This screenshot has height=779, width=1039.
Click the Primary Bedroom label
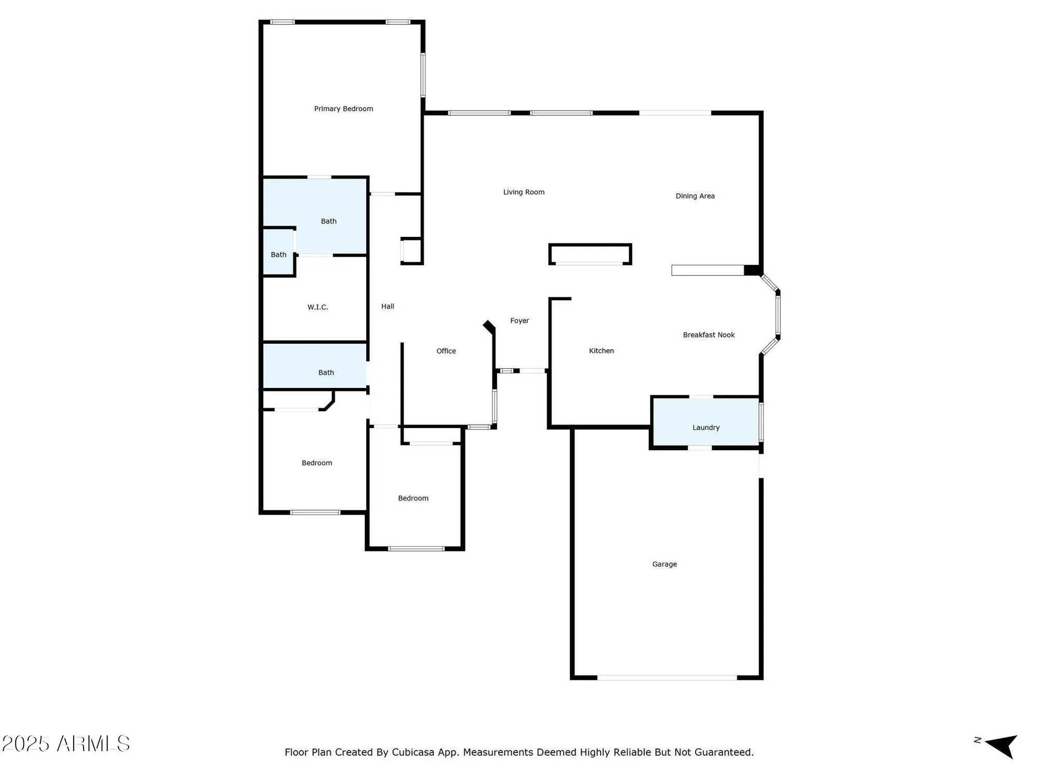click(x=343, y=109)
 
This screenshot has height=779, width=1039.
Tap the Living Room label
click(x=524, y=192)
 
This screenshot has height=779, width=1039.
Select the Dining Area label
click(x=695, y=196)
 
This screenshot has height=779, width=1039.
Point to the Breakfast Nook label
click(x=709, y=335)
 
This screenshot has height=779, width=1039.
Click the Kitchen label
click(x=601, y=351)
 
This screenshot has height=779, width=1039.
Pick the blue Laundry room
click(x=705, y=422)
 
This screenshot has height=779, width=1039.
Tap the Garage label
click(x=664, y=564)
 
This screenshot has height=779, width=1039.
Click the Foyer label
click(x=519, y=321)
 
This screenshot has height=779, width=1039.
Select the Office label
click(x=446, y=351)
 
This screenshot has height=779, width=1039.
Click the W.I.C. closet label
click(x=317, y=307)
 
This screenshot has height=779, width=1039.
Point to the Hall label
click(x=388, y=306)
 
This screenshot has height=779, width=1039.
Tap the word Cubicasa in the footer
click(x=412, y=752)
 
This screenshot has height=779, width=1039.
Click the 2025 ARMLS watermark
click(x=66, y=744)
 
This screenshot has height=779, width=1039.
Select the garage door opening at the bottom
click(x=667, y=678)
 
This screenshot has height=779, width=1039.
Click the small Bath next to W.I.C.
click(x=278, y=254)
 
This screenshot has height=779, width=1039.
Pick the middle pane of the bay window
click(x=778, y=315)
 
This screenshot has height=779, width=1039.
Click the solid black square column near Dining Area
click(x=752, y=270)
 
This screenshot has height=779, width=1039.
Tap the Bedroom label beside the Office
click(x=413, y=498)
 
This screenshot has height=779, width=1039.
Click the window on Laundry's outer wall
click(x=761, y=422)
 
